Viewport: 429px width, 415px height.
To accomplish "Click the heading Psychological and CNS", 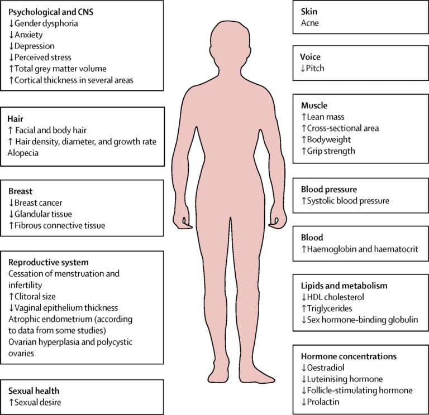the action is [x=51, y=12].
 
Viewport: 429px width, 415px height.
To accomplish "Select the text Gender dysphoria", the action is [x=46, y=23].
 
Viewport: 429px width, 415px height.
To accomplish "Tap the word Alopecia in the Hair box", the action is [x=23, y=153].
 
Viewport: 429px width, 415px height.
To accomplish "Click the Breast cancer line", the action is [x=39, y=202].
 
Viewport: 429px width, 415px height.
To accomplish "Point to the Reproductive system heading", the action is [x=49, y=262].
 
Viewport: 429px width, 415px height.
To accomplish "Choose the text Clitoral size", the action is [x=35, y=296].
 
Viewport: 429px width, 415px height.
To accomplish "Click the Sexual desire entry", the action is [x=38, y=402].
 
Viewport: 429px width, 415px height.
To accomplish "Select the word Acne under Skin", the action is [x=309, y=23].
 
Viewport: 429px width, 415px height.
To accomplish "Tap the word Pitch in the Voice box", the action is [x=315, y=68].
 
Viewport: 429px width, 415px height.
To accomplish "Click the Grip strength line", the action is [x=331, y=151].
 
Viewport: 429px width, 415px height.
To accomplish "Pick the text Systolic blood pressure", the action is [x=348, y=201].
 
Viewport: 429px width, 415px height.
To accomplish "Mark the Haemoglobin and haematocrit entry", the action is [x=363, y=249].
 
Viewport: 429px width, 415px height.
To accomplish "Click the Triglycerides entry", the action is [x=330, y=308].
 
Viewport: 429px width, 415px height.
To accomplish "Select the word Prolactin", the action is [x=323, y=402].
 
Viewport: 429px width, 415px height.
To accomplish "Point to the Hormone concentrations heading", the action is [x=349, y=356].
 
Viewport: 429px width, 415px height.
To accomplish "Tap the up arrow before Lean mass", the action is [x=304, y=117].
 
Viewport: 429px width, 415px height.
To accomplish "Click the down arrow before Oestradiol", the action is [x=304, y=368].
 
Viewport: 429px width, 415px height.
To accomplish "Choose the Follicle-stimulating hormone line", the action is [x=360, y=390].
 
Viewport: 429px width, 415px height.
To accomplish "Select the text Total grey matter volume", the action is [x=60, y=69].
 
